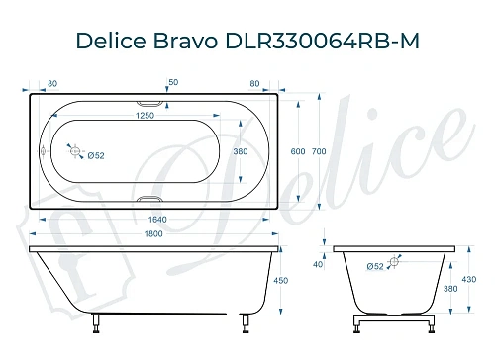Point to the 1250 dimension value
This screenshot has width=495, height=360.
pyautogui.click(x=149, y=116)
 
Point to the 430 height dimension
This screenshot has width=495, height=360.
pyautogui.click(x=469, y=280)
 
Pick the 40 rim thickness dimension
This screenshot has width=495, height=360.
pyautogui.click(x=318, y=264)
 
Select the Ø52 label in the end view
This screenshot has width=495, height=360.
pyautogui.click(x=375, y=266)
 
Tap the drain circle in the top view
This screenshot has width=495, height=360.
pyautogui.click(x=72, y=151)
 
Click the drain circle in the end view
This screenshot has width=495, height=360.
pyautogui.click(x=395, y=262)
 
